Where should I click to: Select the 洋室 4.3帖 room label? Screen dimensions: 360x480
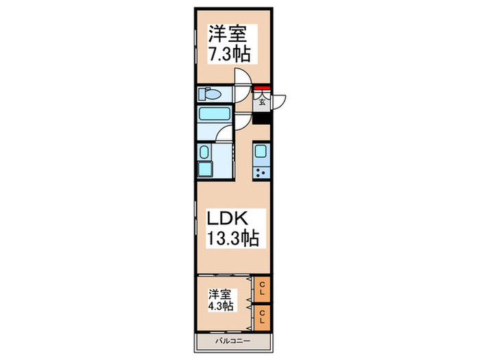click(221, 300)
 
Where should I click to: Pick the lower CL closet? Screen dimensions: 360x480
click(263, 317)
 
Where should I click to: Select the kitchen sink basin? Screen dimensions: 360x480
click(262, 152)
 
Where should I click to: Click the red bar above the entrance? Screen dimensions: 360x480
click(261, 88)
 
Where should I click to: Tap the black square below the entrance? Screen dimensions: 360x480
click(262, 117)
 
